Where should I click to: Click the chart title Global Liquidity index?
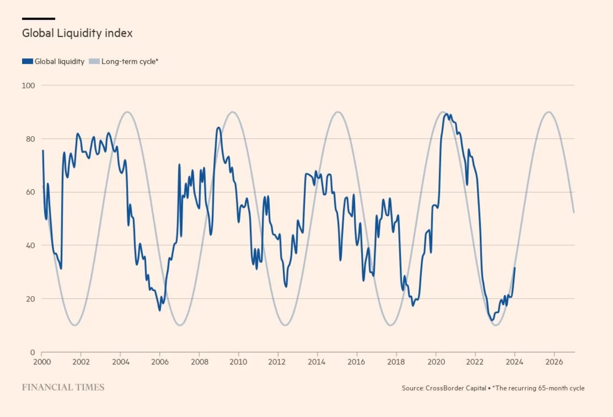77,33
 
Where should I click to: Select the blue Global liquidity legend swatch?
27,61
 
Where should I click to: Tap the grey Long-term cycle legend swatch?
94,61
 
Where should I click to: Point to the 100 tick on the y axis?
29,86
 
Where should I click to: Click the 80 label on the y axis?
30,139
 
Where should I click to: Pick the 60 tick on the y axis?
30,192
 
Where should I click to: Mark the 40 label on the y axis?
30,245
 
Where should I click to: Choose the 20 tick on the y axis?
30,299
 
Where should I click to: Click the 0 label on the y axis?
33,352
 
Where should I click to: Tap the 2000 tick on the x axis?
42,362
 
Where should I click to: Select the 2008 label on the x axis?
199,362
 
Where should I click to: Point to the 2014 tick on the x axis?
317,362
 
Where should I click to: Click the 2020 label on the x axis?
436,362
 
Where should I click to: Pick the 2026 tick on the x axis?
554,362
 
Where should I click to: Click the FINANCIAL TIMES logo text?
63,387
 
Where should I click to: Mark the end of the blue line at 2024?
515,268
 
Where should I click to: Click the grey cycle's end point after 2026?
574,213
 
